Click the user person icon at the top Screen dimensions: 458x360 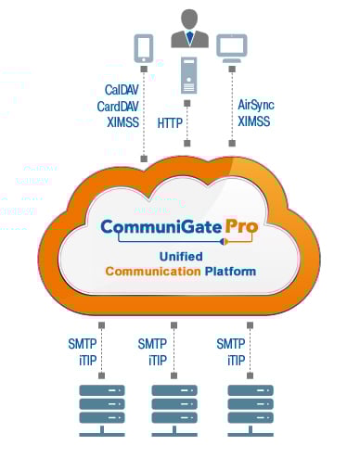point(188,28)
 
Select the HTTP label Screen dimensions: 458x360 point(169,121)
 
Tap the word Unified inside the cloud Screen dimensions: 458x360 point(180,255)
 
